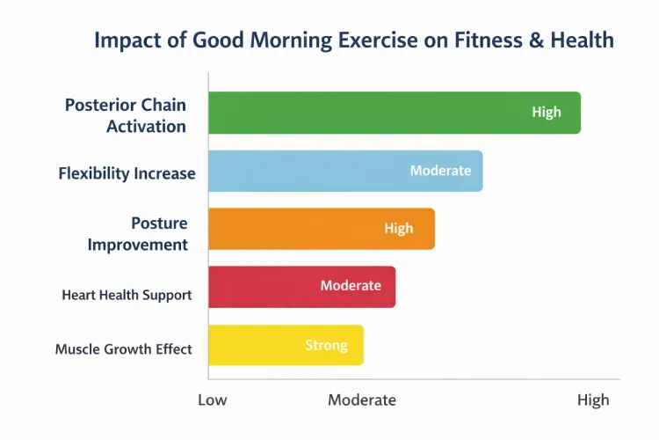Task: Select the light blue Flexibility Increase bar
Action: [x=344, y=171]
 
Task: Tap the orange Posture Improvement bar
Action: [x=321, y=229]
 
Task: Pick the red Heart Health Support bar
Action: [x=301, y=287]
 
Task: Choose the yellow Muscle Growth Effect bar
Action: [x=285, y=345]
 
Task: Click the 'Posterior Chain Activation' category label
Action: [x=126, y=115]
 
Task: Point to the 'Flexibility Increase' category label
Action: [x=127, y=173]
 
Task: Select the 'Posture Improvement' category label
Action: [x=138, y=233]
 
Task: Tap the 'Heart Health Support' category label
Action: [x=127, y=295]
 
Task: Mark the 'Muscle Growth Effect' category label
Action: [x=123, y=349]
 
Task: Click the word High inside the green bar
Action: [x=546, y=113]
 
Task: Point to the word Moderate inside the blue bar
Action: [x=440, y=171]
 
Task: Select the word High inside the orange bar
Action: [x=398, y=229]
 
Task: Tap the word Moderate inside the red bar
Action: [x=351, y=286]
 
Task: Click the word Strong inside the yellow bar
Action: [x=326, y=346]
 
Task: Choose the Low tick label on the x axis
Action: [x=212, y=400]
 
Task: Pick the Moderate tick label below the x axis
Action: [x=361, y=400]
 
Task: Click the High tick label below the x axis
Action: [x=592, y=400]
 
